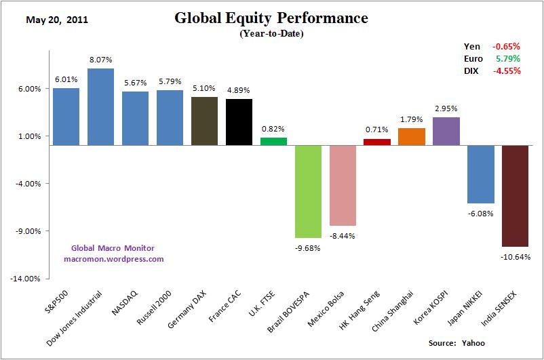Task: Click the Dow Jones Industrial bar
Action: [100, 107]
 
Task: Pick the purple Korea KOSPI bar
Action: [446, 131]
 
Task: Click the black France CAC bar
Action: [239, 122]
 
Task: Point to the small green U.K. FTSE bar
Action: [273, 141]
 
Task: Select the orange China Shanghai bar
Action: [412, 136]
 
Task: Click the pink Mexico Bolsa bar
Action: [343, 185]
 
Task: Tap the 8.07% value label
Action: [100, 60]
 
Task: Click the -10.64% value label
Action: [516, 257]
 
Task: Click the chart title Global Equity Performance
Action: [271, 18]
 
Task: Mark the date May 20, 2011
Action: [57, 19]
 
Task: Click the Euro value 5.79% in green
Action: [507, 59]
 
